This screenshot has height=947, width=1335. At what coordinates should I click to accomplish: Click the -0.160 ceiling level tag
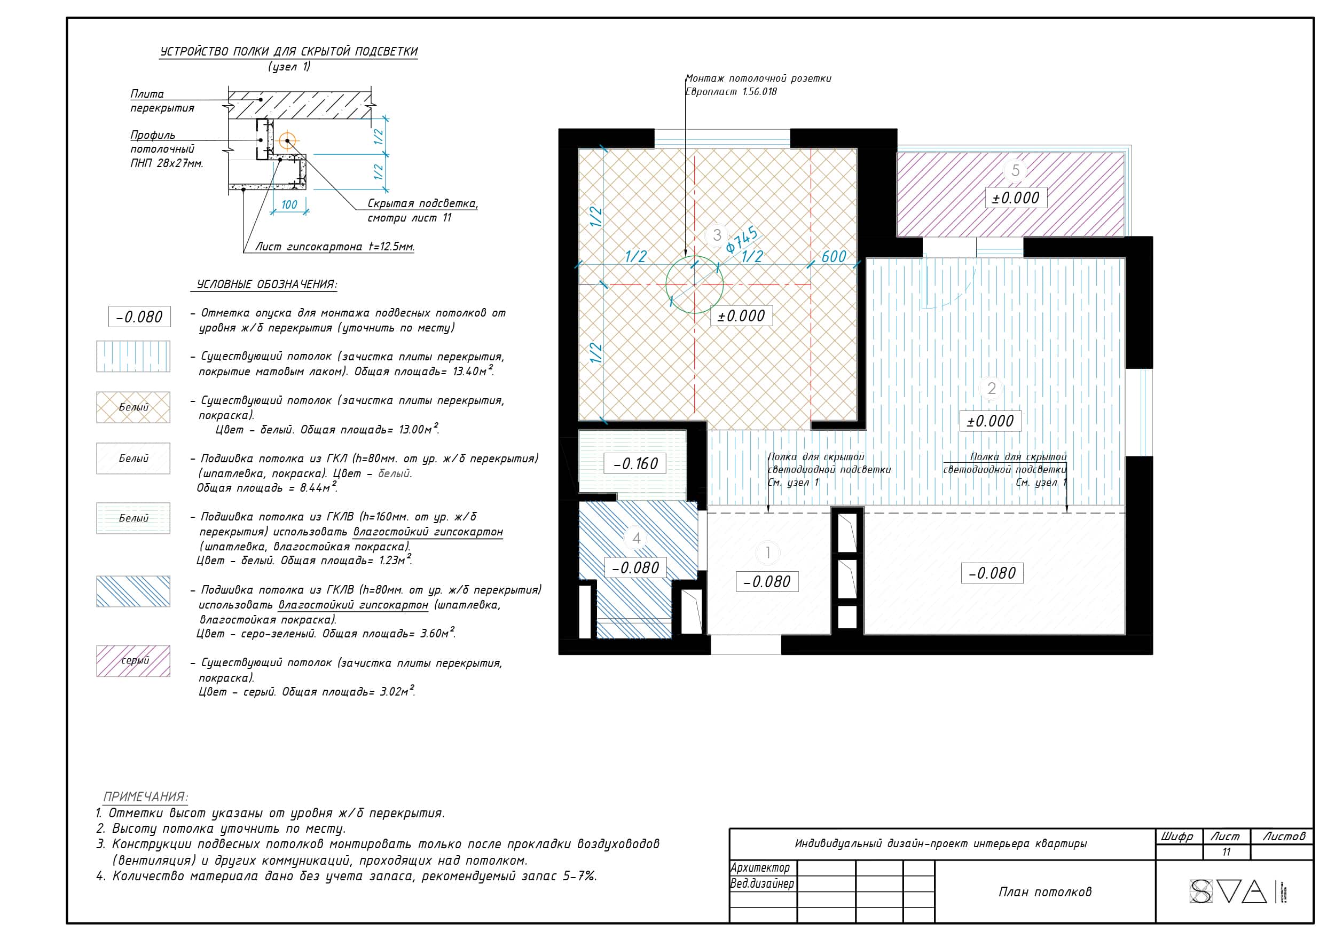(x=634, y=463)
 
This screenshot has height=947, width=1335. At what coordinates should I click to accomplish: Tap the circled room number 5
(x=1015, y=170)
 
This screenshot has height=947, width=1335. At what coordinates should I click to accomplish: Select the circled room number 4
(x=637, y=538)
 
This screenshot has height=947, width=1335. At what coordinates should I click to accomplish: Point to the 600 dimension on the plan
(x=834, y=256)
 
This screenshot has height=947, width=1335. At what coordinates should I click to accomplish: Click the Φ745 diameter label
(x=742, y=239)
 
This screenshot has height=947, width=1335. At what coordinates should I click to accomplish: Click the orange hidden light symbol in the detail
(x=287, y=140)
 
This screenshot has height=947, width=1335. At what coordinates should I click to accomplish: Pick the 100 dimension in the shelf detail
(x=289, y=204)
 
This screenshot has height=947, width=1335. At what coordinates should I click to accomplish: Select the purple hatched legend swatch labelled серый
(x=133, y=661)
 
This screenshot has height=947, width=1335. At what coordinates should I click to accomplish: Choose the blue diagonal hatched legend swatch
(x=133, y=591)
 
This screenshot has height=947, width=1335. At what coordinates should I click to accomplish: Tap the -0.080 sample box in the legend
(x=139, y=317)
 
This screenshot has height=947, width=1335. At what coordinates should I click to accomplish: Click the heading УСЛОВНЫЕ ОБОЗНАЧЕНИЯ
(x=266, y=285)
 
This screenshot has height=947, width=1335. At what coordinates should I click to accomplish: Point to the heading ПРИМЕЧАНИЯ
(x=146, y=796)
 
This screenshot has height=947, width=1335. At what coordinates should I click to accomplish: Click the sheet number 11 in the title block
(x=1226, y=852)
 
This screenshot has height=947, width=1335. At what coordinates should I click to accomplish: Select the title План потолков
(x=1045, y=891)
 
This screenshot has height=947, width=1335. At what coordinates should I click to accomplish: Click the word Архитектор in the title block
(x=760, y=867)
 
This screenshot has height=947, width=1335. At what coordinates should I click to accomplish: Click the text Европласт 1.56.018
(x=731, y=92)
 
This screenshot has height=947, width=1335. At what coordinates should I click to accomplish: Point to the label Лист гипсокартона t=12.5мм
(x=335, y=247)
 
